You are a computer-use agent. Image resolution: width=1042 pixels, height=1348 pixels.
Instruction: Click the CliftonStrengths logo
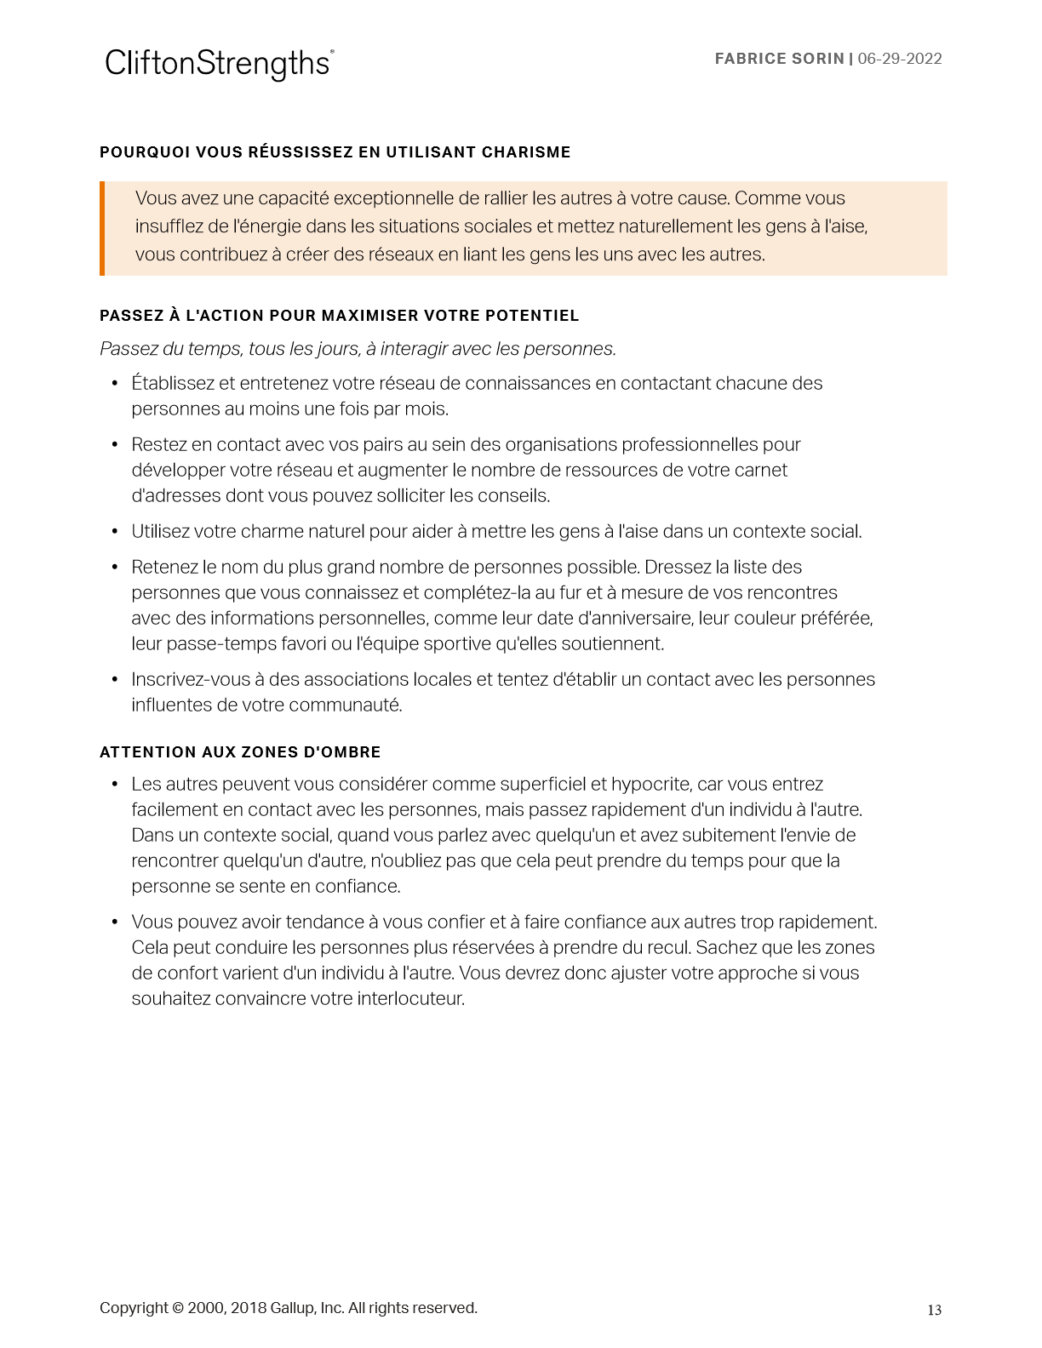[219, 64]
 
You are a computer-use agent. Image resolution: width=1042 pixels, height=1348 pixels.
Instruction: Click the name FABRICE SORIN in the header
[779, 59]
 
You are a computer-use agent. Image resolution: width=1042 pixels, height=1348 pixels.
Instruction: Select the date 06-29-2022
[900, 59]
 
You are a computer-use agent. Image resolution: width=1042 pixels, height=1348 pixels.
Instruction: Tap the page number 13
[934, 1310]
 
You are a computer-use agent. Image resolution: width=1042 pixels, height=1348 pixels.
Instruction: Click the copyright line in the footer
[288, 1308]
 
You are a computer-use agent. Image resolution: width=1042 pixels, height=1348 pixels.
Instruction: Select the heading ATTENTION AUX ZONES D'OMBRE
[240, 752]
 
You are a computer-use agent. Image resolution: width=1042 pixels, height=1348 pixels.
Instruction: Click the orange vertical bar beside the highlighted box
[102, 228]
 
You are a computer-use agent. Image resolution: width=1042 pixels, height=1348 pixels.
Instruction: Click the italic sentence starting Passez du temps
[358, 349]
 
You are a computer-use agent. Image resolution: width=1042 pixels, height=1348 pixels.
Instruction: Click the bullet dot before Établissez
[115, 384]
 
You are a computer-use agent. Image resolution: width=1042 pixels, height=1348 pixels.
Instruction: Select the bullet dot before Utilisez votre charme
[115, 532]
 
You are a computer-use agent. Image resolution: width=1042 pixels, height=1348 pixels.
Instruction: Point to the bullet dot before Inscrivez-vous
[115, 680]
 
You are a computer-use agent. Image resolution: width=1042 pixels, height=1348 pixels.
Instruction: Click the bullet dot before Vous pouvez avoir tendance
[115, 922]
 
